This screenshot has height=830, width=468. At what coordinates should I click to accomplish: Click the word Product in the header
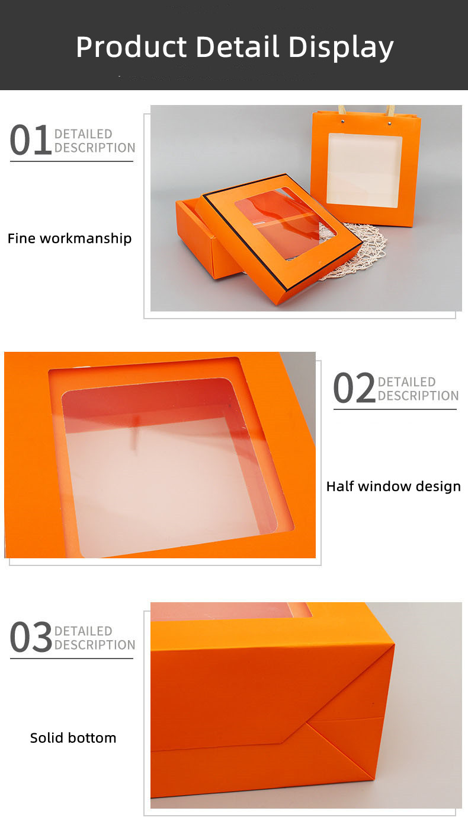click(132, 47)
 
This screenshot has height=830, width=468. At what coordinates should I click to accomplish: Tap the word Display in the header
click(341, 47)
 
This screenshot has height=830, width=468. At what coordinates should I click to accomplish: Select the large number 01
click(30, 141)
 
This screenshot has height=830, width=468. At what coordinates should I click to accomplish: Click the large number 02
click(354, 389)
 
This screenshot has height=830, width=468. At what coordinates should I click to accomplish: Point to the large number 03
click(31, 637)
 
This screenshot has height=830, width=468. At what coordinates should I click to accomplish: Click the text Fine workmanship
click(69, 238)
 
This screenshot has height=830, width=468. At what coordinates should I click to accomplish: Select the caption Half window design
click(393, 486)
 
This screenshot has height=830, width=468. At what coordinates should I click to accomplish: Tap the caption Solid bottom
click(73, 738)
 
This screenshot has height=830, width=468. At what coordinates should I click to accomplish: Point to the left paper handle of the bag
click(342, 111)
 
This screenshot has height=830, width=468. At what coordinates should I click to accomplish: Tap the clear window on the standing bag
click(364, 170)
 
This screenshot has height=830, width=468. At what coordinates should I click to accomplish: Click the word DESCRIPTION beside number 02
click(418, 396)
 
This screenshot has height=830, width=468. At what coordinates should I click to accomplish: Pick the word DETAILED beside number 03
click(83, 631)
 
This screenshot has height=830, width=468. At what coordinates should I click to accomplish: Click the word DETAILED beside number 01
click(83, 134)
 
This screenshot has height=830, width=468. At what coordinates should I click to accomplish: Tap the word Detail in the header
click(237, 47)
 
